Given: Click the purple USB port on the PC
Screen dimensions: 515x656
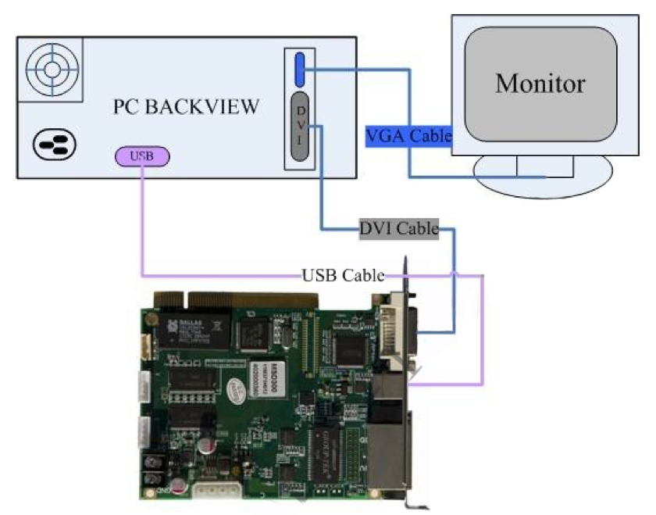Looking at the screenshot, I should [141, 156].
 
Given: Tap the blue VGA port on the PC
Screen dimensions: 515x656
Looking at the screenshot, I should [300, 69].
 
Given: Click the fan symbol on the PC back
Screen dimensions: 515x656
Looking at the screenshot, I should [52, 69].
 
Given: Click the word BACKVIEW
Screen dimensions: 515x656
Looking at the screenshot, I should [210, 107].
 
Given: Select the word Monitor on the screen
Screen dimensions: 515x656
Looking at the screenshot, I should [540, 83].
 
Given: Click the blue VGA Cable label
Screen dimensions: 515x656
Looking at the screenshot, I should [408, 136].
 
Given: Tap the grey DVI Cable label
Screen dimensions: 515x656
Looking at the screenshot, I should [398, 228].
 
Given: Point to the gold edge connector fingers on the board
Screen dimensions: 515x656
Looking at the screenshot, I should [250, 299].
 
